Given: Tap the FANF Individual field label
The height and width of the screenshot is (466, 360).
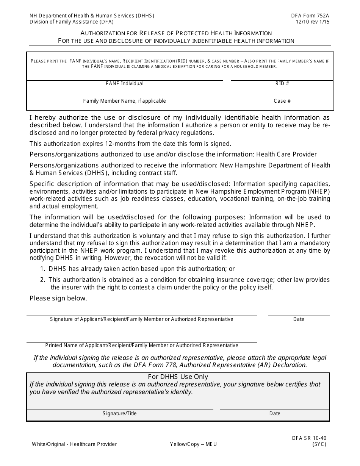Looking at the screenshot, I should click(124, 83).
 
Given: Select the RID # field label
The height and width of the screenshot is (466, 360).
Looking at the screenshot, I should click(282, 83).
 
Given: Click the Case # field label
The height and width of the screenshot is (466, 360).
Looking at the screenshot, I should click(282, 101).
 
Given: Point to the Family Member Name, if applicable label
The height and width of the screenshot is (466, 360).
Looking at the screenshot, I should click(124, 101).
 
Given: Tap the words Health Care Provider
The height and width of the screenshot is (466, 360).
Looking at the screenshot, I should click(286, 154).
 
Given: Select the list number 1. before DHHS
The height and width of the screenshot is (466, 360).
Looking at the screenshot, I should click(43, 269).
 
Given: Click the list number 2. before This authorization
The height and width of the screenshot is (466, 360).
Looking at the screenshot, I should click(43, 280).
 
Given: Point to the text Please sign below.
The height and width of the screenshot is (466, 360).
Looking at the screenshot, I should click(58, 298).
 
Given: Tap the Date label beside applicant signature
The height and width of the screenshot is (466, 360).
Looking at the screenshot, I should click(299, 319).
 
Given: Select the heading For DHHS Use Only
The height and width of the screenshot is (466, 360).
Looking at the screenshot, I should click(178, 377).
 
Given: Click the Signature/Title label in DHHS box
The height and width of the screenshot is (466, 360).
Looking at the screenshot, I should click(120, 414).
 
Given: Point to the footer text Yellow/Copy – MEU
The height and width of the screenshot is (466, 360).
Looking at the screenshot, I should click(194, 444).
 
